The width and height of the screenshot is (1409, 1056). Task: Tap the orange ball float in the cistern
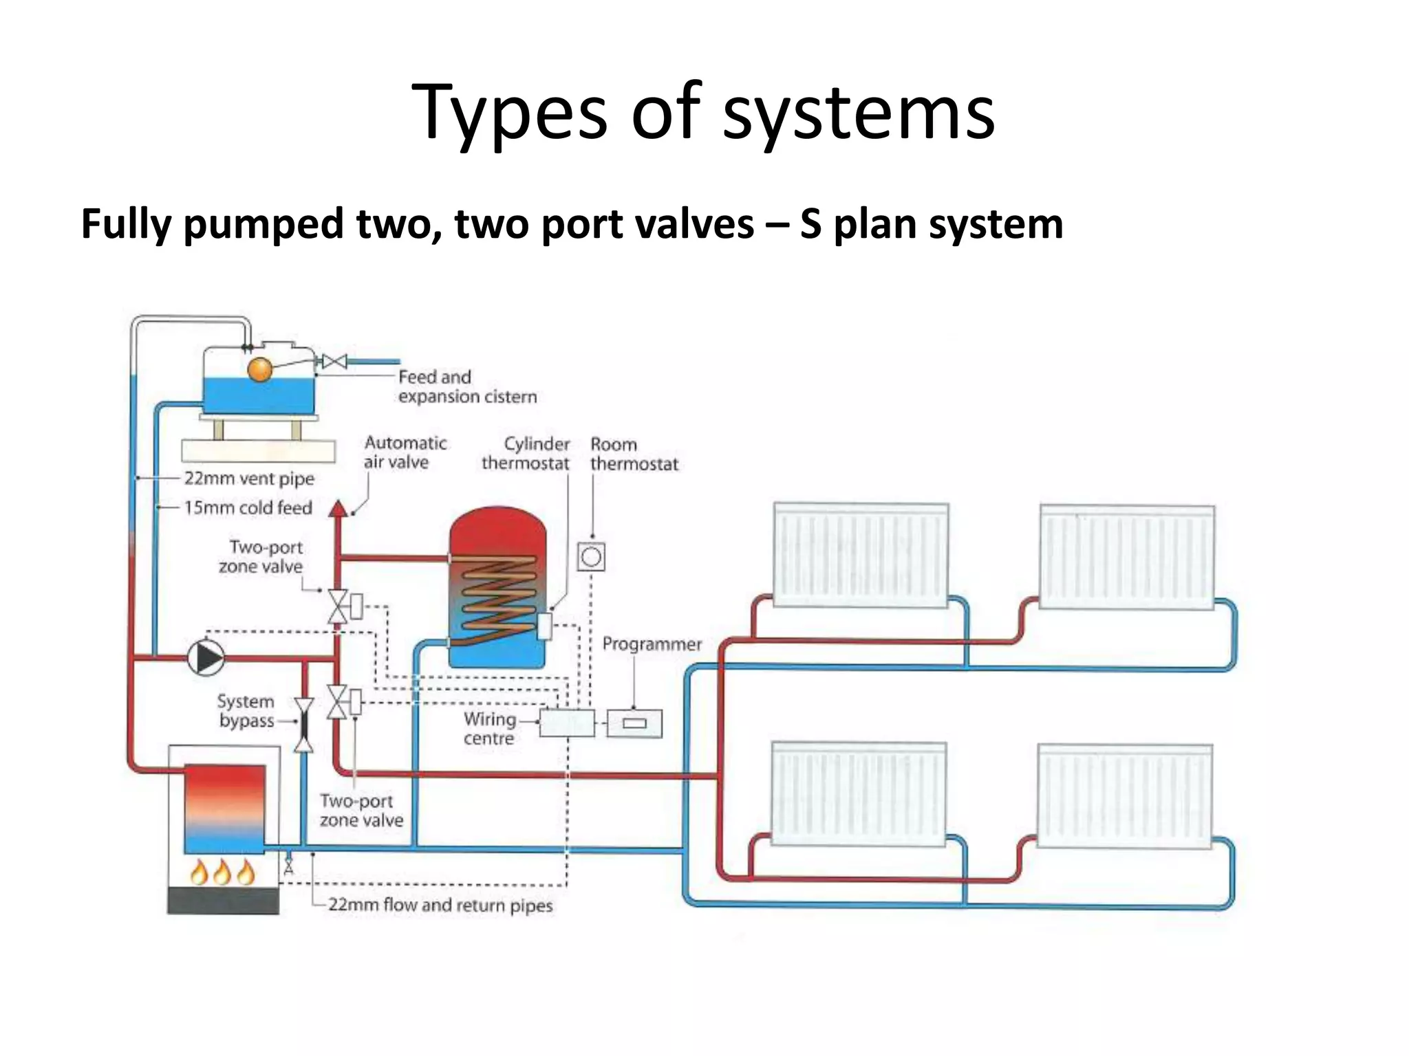click(260, 369)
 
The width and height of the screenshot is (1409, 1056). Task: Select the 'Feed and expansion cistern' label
click(466, 386)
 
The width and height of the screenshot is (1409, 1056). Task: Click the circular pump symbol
click(206, 658)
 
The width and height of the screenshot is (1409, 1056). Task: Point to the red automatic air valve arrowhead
click(337, 509)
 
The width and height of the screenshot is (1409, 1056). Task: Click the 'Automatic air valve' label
click(405, 452)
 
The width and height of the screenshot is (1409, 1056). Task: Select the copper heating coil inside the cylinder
click(499, 593)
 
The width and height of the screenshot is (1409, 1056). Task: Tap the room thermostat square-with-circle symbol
click(591, 557)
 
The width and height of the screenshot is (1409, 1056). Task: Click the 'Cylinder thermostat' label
click(526, 454)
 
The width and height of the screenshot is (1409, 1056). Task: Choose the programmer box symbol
click(634, 723)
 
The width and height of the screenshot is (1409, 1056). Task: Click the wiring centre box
click(566, 723)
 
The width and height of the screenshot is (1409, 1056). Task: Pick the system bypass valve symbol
click(303, 725)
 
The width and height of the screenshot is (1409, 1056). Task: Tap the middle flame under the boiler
click(222, 872)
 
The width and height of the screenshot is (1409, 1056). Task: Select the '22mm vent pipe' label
click(249, 478)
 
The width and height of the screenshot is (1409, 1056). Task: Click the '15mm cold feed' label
click(248, 508)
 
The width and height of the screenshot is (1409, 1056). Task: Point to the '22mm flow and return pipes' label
click(440, 905)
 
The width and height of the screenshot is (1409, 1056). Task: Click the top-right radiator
click(1126, 556)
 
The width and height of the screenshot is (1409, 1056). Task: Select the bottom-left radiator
click(858, 794)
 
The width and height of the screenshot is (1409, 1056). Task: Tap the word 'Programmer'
click(652, 644)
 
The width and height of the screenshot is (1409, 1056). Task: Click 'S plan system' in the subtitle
click(932, 224)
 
